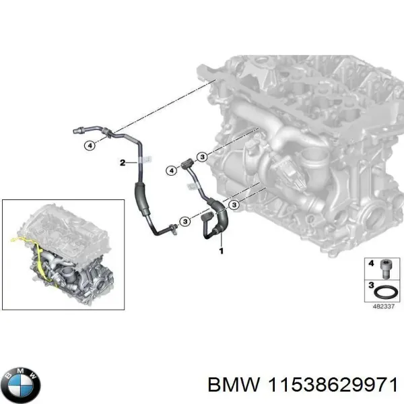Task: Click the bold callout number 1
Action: (x=219, y=250)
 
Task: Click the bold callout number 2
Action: (x=122, y=162)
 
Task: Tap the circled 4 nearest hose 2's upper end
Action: (x=88, y=145)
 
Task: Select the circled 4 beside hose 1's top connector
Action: (x=172, y=172)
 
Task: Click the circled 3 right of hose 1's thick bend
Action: (x=234, y=205)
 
